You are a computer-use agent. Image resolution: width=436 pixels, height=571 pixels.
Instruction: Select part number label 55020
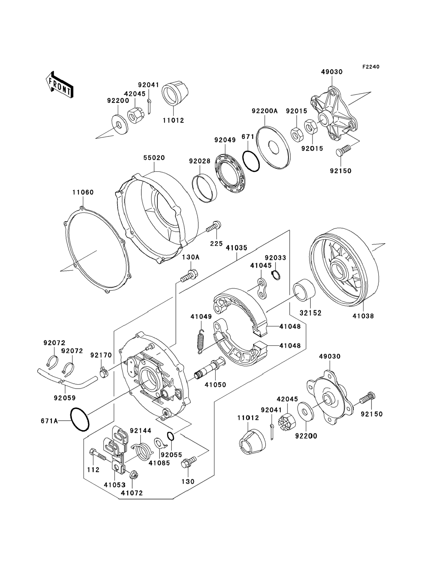click(154, 158)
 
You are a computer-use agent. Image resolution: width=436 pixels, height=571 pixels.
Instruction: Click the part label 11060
click(83, 192)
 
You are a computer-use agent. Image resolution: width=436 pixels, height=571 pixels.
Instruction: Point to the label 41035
click(236, 248)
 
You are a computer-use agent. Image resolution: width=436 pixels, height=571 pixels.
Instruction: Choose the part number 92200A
click(265, 111)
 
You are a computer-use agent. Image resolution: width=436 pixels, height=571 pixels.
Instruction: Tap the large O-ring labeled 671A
click(80, 419)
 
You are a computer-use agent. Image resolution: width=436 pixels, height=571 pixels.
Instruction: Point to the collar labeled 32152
click(304, 290)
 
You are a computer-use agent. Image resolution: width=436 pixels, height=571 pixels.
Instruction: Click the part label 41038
click(363, 316)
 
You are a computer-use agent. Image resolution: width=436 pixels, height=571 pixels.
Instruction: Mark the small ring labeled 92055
click(170, 436)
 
